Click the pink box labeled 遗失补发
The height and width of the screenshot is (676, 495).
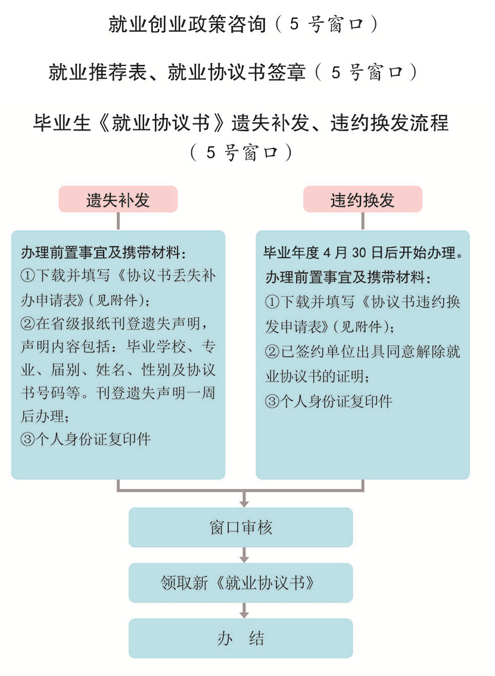click(x=118, y=199)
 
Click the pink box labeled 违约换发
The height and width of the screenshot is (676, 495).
click(x=363, y=199)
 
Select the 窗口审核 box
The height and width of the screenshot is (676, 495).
click(x=241, y=527)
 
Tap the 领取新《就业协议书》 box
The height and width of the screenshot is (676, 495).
click(x=241, y=583)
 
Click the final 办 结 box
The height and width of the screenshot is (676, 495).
click(x=241, y=638)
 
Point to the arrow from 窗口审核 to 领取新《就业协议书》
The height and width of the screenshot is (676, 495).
click(x=244, y=555)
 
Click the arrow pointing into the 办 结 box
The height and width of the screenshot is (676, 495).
click(x=244, y=610)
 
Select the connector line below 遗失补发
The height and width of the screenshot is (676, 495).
click(x=118, y=221)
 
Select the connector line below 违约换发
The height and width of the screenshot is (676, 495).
click(x=363, y=221)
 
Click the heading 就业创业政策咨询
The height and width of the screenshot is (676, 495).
click(x=187, y=24)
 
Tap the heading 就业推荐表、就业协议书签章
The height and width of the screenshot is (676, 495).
click(x=177, y=72)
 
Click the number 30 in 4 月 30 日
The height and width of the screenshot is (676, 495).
click(x=359, y=253)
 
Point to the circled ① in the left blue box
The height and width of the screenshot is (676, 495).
click(x=27, y=275)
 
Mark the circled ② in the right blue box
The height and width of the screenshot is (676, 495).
click(x=272, y=352)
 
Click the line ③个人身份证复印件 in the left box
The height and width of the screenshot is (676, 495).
click(x=86, y=439)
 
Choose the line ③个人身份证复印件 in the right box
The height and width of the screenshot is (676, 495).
click(x=329, y=401)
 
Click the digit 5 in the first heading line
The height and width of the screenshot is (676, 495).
click(x=294, y=24)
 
